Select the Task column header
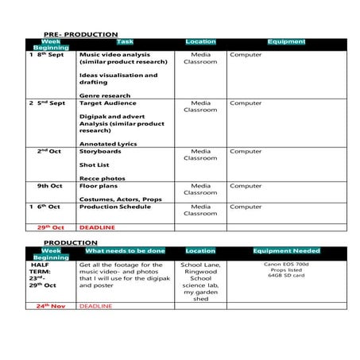coord(125,41)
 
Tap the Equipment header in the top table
coord(286,41)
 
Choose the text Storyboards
coord(99,151)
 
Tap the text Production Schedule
coord(114,207)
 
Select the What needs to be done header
coord(126,250)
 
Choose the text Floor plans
coord(99,186)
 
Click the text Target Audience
coord(107,103)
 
